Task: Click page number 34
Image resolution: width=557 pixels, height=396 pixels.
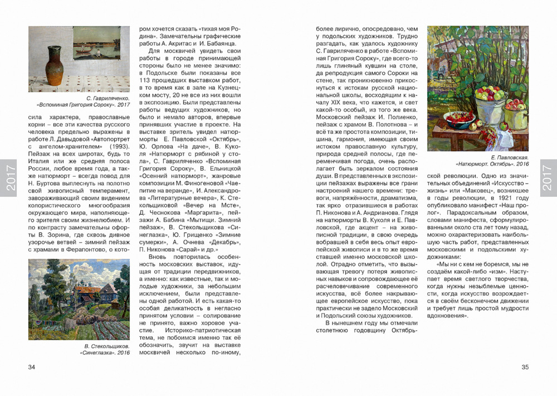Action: (32, 366)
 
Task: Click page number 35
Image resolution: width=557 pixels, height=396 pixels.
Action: (525, 366)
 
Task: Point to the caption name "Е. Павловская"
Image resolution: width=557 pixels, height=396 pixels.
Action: (511, 158)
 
